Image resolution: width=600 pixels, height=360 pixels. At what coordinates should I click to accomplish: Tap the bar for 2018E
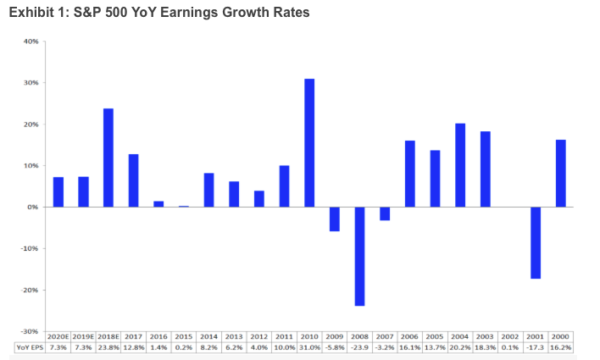click(x=108, y=158)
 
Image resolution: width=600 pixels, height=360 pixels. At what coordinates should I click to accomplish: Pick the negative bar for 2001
click(x=536, y=242)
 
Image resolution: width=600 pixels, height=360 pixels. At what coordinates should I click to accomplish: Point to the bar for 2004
click(x=460, y=165)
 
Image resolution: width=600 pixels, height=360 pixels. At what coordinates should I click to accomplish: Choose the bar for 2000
click(x=561, y=173)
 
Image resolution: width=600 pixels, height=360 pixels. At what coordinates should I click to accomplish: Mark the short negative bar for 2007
click(x=385, y=213)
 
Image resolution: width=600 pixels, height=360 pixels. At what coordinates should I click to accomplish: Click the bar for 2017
click(x=133, y=180)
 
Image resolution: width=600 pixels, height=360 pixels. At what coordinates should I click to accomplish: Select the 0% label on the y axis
click(x=31, y=207)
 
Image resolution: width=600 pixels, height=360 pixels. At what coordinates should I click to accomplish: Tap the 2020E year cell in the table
click(x=58, y=335)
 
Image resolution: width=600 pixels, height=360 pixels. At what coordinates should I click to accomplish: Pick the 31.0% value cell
click(x=309, y=347)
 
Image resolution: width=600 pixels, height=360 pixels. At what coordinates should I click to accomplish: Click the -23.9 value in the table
click(x=359, y=347)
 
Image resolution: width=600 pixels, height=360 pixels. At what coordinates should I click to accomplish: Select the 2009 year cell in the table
click(x=334, y=335)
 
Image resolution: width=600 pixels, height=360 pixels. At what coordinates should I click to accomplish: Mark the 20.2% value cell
click(x=460, y=347)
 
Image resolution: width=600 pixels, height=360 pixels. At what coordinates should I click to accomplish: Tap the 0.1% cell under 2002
click(x=510, y=347)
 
